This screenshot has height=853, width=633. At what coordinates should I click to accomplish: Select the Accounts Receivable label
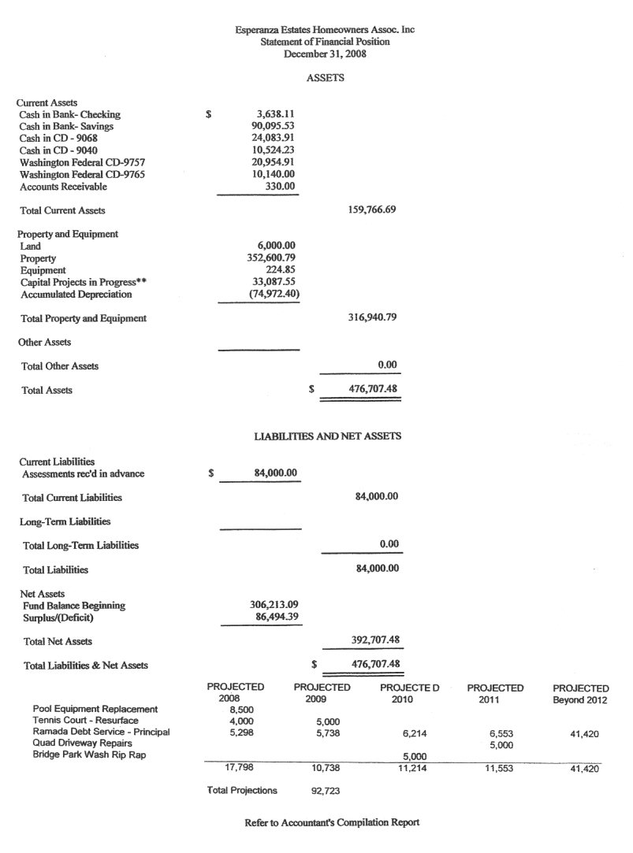coord(63,187)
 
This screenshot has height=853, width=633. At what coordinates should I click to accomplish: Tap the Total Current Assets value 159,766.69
coord(371,210)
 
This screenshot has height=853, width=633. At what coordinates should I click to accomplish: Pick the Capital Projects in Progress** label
coord(84,282)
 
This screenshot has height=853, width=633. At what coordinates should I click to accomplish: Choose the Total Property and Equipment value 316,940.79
coord(371,318)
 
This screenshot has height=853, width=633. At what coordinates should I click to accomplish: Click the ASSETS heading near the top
coord(325,78)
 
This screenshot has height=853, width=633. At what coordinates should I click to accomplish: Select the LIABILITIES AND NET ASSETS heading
coord(327,436)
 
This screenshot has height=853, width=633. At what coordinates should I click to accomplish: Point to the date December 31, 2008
coord(325,54)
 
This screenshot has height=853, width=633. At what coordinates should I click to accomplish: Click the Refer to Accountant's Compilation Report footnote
coord(332,822)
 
